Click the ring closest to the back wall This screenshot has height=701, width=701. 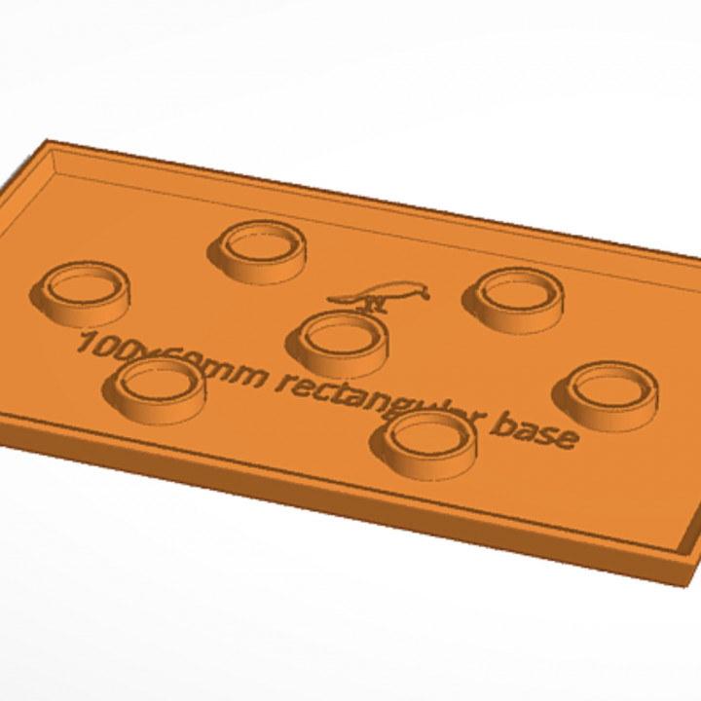[x=259, y=248]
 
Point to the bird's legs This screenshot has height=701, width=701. [x=374, y=303]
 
